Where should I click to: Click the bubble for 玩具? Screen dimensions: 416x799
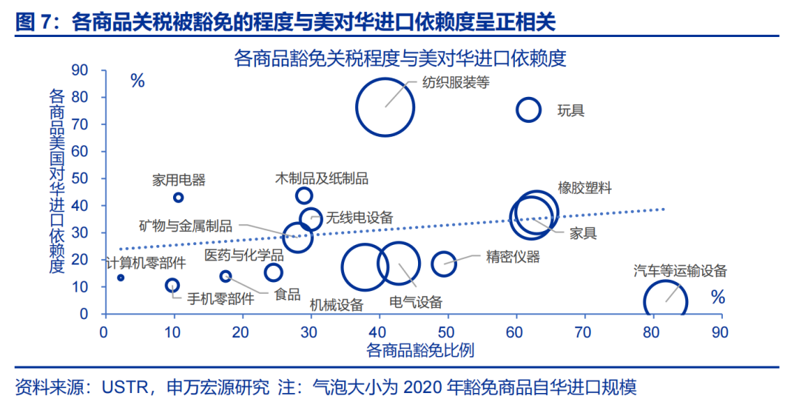[x=529, y=110]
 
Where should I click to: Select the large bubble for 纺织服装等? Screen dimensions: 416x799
[x=385, y=107]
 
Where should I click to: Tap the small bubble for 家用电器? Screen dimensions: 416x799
[x=178, y=198]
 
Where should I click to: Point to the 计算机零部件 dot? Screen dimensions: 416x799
[x=121, y=278]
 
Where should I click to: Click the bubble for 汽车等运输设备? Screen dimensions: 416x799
[x=665, y=302]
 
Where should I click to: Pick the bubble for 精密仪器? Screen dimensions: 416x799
[x=444, y=264]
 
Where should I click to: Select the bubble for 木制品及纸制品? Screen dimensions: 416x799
[x=304, y=195]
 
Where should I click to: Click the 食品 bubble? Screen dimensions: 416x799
[x=274, y=272]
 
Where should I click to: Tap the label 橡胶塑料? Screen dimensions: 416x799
[x=584, y=188]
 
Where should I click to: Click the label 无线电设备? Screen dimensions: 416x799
[x=360, y=218]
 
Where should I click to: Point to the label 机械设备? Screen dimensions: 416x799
[x=337, y=304]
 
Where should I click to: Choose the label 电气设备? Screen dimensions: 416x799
[x=416, y=302]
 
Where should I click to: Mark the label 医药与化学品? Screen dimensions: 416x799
[x=244, y=255]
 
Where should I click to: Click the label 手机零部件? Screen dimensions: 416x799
[x=220, y=298]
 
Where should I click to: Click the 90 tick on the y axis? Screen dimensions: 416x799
[x=79, y=70]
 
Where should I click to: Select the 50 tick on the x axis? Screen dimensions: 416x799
[x=446, y=333]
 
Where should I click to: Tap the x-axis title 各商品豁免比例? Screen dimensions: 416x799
[x=420, y=350]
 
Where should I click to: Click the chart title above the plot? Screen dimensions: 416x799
[x=399, y=58]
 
